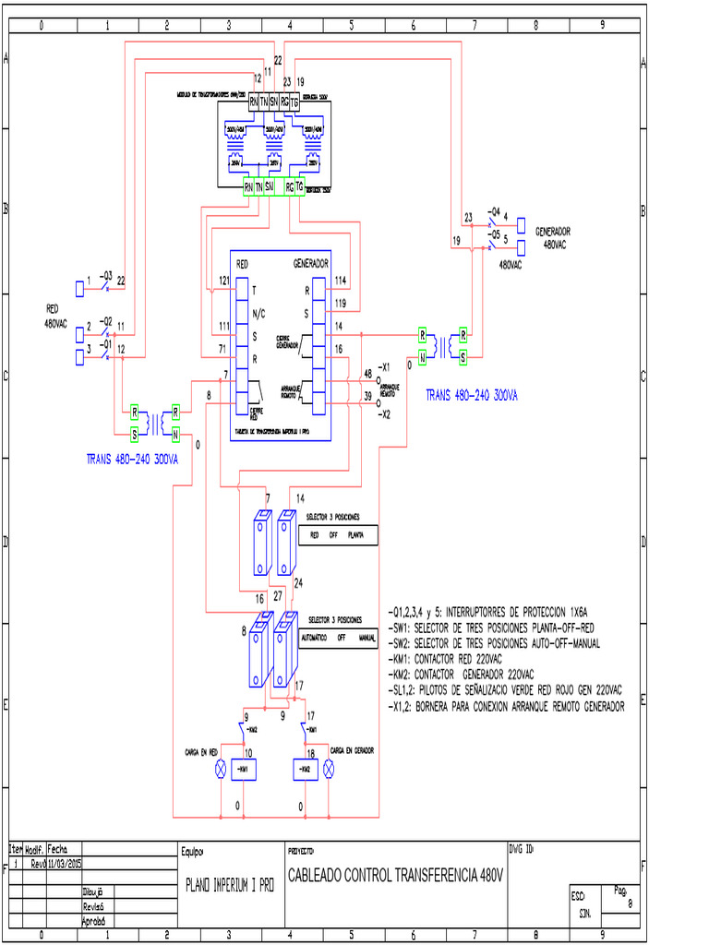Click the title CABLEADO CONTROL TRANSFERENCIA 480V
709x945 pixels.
(396, 874)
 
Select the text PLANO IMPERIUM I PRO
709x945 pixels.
(230, 883)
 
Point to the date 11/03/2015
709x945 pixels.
(65, 865)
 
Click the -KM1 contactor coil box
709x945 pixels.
(244, 768)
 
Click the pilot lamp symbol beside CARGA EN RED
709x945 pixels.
(221, 768)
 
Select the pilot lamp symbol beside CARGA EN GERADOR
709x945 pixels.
(328, 768)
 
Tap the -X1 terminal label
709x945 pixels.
(386, 366)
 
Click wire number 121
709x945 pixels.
(224, 280)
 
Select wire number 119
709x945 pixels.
(341, 303)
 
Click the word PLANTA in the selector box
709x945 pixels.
(355, 534)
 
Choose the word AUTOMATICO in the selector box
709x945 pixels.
(314, 638)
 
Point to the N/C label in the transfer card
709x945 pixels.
(258, 314)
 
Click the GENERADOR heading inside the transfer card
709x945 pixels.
(311, 263)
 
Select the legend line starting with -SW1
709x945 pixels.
(491, 628)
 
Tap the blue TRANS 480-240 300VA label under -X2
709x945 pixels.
(471, 394)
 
